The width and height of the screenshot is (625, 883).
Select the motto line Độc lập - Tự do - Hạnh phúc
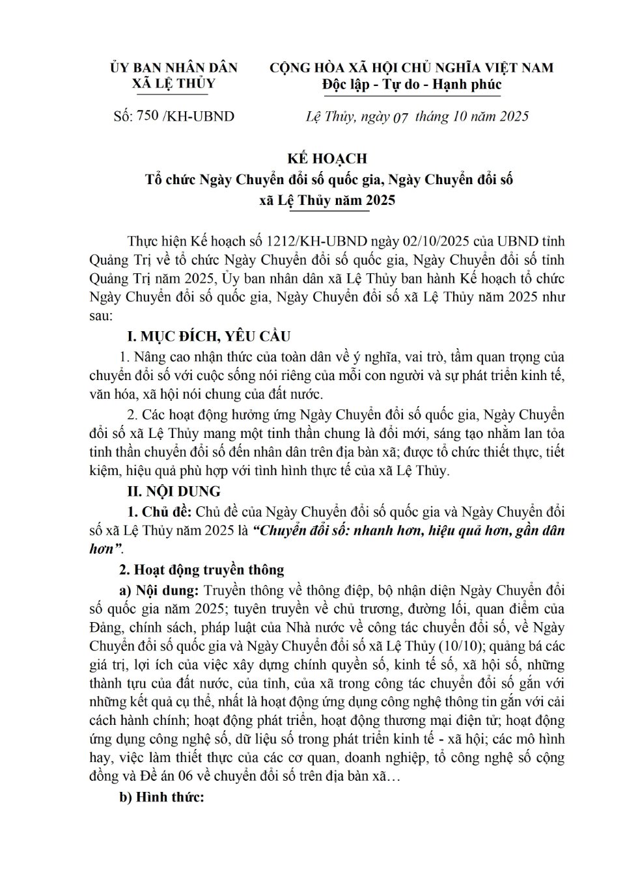click(x=412, y=85)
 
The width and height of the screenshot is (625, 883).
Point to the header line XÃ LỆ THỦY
click(x=173, y=84)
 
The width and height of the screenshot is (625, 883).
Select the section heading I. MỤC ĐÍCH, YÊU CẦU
click(x=208, y=336)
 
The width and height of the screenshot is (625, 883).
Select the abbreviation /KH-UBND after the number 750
click(x=198, y=116)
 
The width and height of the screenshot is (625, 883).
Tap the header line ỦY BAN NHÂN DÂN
click(x=174, y=68)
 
